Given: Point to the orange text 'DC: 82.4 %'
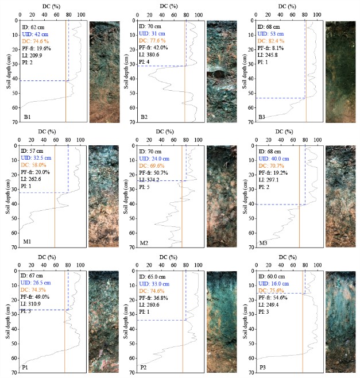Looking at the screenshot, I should [276, 41].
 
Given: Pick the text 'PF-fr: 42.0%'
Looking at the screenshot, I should [156, 48].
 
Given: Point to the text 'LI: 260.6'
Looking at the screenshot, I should [152, 304].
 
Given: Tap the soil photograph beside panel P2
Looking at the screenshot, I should [223, 323].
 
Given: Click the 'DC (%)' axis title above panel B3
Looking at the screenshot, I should [286, 6].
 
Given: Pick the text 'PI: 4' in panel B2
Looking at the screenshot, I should [146, 62].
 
